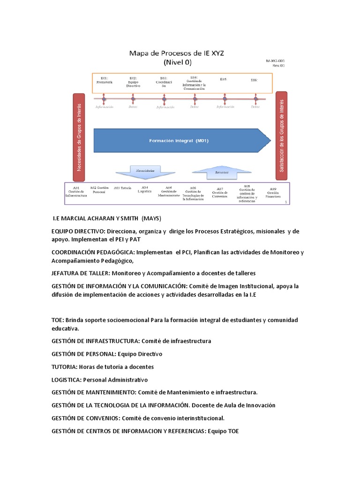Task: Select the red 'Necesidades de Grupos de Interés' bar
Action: click(78, 137)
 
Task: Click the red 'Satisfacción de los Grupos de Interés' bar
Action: click(282, 135)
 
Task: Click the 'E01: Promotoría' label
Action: click(104, 80)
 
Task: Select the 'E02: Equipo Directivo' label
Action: click(133, 82)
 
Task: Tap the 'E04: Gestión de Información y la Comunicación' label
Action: click(194, 82)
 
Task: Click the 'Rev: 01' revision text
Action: click(278, 66)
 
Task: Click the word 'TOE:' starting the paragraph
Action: click(58, 320)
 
